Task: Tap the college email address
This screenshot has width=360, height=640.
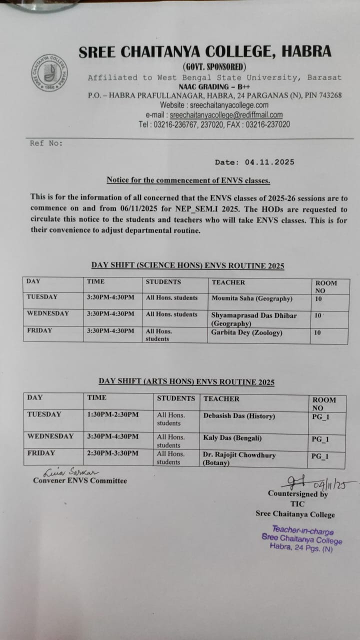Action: pos(223,114)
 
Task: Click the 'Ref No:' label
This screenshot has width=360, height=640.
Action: pos(46,143)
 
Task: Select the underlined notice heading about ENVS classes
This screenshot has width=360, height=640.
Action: pos(188,180)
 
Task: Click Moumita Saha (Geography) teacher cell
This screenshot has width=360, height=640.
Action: pos(251,298)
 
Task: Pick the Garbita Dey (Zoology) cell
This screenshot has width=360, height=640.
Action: pos(246,332)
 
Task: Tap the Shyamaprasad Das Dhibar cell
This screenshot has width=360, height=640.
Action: pos(254,319)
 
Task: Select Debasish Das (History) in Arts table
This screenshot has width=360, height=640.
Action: pos(239,416)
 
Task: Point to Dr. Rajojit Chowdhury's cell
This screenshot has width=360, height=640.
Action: pos(239,458)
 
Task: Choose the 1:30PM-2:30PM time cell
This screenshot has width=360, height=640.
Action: pos(113,414)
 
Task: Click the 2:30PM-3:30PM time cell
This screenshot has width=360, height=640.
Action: pos(113,453)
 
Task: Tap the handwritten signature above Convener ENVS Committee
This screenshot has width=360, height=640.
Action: pos(71,472)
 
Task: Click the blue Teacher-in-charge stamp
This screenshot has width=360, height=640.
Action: pos(301,538)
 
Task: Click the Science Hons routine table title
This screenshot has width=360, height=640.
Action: pos(187,265)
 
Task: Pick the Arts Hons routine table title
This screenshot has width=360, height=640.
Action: pos(186,382)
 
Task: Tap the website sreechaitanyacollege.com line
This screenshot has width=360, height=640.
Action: pos(214,105)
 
